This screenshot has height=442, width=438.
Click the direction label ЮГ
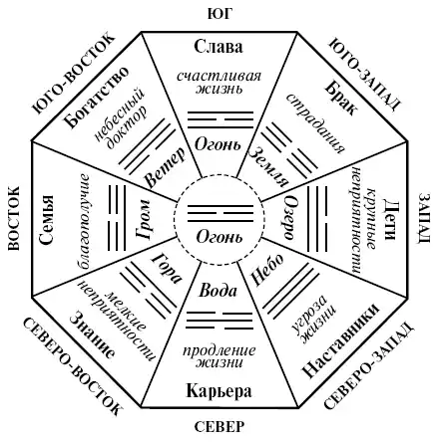point(219,14)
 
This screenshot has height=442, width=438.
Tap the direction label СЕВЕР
point(219,427)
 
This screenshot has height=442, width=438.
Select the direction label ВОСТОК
point(14,218)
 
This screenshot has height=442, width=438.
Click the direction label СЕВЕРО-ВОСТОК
point(72,365)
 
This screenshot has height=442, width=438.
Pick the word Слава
point(219,47)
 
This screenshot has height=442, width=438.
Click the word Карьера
point(219,391)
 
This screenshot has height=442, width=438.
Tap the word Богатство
point(97,98)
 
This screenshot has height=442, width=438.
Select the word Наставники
point(340,340)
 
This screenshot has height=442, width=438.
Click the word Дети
point(389,219)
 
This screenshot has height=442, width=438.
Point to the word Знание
point(93,335)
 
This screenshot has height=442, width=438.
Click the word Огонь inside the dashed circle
point(219,237)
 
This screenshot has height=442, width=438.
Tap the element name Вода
point(218,291)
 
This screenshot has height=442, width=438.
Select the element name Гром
point(144,219)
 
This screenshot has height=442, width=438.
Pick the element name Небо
point(268,270)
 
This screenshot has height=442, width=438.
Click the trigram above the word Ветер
point(148,146)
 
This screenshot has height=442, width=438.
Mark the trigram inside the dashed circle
point(220,213)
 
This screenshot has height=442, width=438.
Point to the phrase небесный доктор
point(121,118)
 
